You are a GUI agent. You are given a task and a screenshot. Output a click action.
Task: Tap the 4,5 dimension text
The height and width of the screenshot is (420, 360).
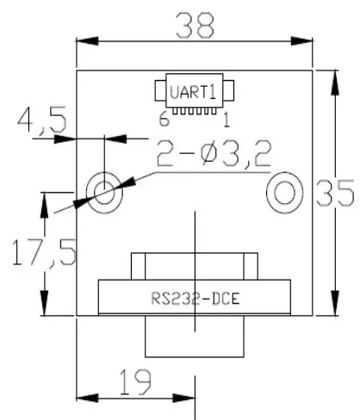(42, 120)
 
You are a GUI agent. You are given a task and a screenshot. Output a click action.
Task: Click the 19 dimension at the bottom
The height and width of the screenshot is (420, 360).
(133, 379)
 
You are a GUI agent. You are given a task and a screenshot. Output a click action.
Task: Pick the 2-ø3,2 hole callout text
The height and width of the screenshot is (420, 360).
(213, 155)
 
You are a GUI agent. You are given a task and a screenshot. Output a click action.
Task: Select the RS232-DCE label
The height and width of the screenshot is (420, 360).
(196, 300)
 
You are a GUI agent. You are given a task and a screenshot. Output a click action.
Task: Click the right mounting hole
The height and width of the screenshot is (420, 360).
(284, 191)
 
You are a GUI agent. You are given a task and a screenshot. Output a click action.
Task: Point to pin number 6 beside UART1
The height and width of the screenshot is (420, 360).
(162, 119)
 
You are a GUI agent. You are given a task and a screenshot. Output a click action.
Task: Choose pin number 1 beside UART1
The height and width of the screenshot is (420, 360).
(226, 119)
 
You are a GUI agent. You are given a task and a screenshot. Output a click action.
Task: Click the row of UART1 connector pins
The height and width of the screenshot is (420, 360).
(196, 111)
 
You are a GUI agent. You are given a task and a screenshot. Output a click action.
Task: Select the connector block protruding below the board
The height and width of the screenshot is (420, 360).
(196, 337)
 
